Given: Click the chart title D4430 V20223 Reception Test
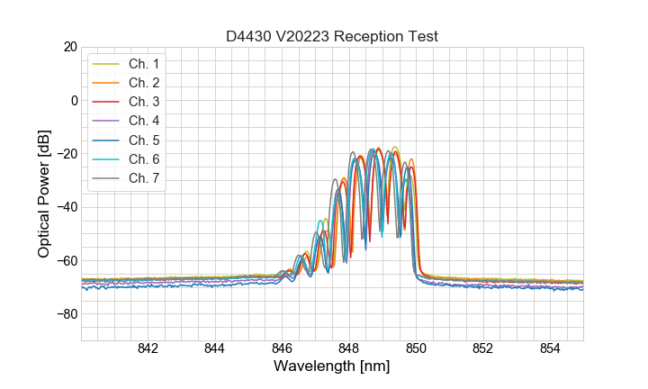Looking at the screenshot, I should pyautogui.click(x=332, y=36).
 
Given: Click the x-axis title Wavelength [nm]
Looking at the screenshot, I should pyautogui.click(x=332, y=367).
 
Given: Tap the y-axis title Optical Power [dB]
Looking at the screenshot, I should pyautogui.click(x=44, y=194).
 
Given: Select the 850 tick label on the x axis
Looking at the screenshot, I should pyautogui.click(x=416, y=349).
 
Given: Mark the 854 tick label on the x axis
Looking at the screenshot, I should pyautogui.click(x=550, y=349).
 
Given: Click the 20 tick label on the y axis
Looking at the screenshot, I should pyautogui.click(x=70, y=47).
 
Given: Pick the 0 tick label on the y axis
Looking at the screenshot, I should pyautogui.click(x=74, y=100).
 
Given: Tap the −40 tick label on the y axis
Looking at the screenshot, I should pyautogui.click(x=67, y=207).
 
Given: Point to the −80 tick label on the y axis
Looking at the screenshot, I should pyautogui.click(x=67, y=314).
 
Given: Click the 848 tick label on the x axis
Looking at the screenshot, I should pyautogui.click(x=349, y=349).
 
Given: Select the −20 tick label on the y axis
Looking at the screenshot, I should pyautogui.click(x=67, y=154).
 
